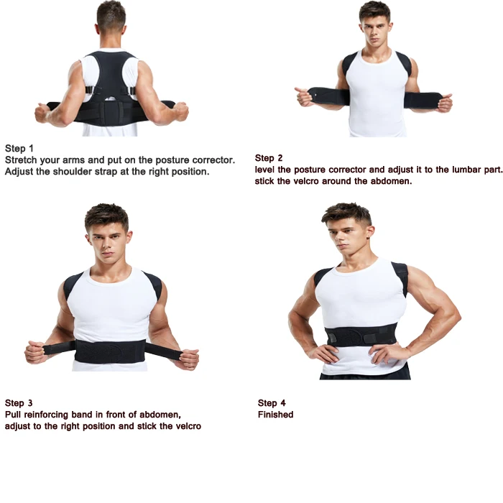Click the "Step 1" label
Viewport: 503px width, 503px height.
(x=19, y=149)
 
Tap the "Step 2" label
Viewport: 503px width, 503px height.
(x=269, y=158)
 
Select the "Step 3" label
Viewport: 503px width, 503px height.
(x=19, y=403)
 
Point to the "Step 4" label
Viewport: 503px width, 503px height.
(x=272, y=403)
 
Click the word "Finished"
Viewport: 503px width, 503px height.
(x=276, y=415)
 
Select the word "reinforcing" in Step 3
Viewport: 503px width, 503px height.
(x=48, y=415)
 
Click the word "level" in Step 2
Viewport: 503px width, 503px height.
(x=265, y=170)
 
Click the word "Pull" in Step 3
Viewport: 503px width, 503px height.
(x=14, y=415)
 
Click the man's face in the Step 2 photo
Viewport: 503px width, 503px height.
(x=375, y=29)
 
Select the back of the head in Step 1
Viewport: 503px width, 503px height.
(x=111, y=18)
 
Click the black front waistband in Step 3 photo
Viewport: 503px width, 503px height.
(x=109, y=351)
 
